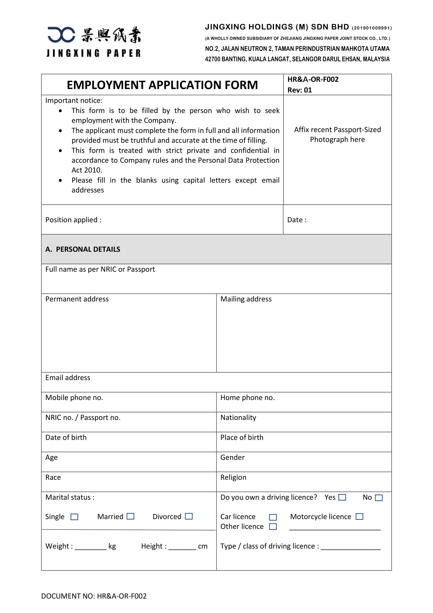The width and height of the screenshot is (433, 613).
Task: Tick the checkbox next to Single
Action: pos(74,517)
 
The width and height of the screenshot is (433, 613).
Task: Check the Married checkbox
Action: pos(130,516)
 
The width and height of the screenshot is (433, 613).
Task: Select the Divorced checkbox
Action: pos(189,516)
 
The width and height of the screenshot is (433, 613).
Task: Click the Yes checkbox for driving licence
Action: pos(342,497)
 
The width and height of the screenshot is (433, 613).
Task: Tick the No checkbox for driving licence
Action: pos(379,498)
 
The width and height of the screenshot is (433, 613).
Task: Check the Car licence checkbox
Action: pos(273,517)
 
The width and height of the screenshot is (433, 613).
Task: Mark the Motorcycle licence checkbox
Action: pos(359,516)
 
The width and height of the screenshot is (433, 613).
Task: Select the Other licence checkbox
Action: pos(273,527)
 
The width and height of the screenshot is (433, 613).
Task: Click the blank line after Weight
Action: pos(91,547)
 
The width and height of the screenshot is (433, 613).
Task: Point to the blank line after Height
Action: pos(182,547)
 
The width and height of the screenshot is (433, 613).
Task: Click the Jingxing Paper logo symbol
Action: pos(61,35)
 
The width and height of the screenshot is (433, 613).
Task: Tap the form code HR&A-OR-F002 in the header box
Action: pos(313,79)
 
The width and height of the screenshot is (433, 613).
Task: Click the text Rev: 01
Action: pos(300,90)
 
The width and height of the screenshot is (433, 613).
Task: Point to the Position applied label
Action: pos(73,220)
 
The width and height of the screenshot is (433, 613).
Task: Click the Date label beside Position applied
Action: pos(297,220)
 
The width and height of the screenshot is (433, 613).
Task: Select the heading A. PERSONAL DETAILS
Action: pos(83,249)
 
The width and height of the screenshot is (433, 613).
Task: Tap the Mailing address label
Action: pos(246,299)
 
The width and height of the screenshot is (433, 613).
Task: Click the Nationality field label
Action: pos(238,418)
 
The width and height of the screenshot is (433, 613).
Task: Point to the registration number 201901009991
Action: pos(372,28)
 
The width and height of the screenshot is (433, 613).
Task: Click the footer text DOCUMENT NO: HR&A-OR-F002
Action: pos(94,596)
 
